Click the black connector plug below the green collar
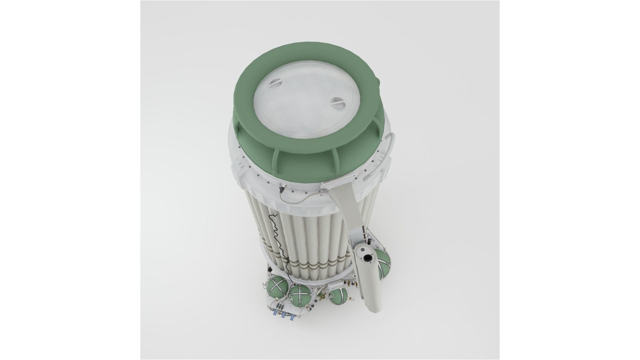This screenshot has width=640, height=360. (281, 190)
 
